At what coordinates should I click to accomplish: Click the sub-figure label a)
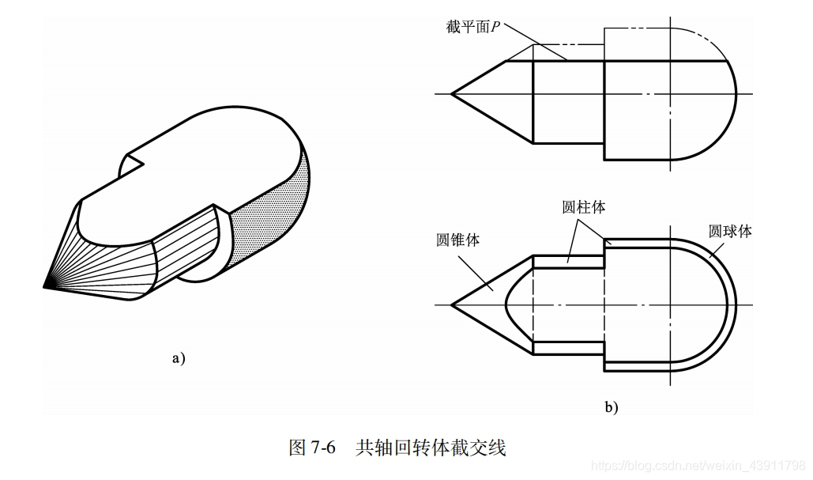pos(179,358)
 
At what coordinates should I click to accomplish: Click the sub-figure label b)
pos(612,407)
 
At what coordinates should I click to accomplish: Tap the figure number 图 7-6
pos(313,448)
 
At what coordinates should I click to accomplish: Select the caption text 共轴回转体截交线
pos(431,448)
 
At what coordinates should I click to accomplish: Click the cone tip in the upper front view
pos(452,94)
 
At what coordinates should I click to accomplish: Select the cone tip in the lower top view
pos(452,304)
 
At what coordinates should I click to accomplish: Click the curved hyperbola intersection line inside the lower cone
pos(506,304)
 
